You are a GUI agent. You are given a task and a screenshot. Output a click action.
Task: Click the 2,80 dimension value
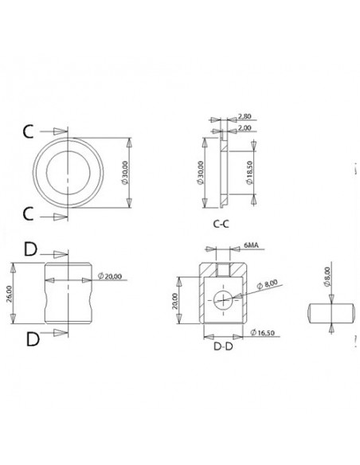pyautogui.click(x=245, y=116)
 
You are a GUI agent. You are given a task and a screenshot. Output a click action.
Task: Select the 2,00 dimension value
pyautogui.click(x=245, y=128)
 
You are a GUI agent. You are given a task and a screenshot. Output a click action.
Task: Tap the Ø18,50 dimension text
pyautogui.click(x=250, y=173)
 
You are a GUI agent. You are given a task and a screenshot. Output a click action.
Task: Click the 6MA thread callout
pyautogui.click(x=251, y=245)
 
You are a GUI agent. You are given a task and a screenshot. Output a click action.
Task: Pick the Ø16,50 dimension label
pyautogui.click(x=263, y=333)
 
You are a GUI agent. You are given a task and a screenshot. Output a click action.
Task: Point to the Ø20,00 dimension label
pyautogui.click(x=110, y=276)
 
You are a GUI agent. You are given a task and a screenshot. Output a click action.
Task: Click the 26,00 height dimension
pyautogui.click(x=9, y=293)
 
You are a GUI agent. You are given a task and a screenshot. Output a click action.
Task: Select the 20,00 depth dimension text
pyautogui.click(x=175, y=301)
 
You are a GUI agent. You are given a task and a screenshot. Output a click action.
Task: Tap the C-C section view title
pyautogui.click(x=221, y=224)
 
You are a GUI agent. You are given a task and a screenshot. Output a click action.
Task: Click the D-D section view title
pyautogui.click(x=223, y=346)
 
